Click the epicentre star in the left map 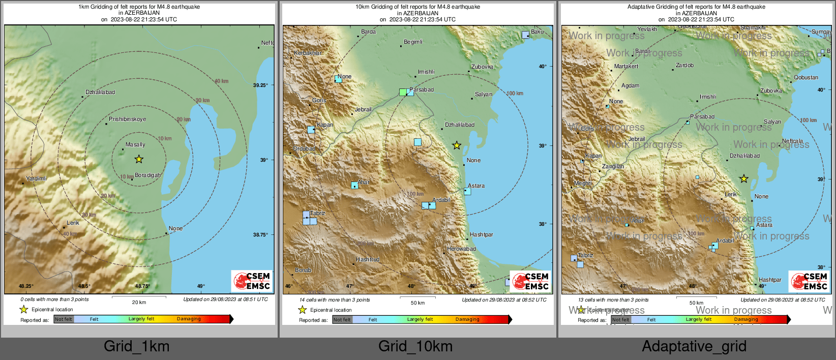139,159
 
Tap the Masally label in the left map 135,145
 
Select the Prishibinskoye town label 127,119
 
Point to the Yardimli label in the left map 37,178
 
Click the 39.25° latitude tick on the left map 260,85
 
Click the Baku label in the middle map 537,32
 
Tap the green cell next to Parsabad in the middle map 403,92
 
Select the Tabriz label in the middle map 318,213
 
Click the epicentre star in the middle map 457,145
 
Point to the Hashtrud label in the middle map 368,259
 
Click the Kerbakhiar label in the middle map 308,53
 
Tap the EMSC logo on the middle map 530,281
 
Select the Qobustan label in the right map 806,77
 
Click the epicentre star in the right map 744,178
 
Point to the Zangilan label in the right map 613,166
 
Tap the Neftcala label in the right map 792,141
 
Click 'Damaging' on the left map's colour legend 189,319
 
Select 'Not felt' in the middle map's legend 342,320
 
